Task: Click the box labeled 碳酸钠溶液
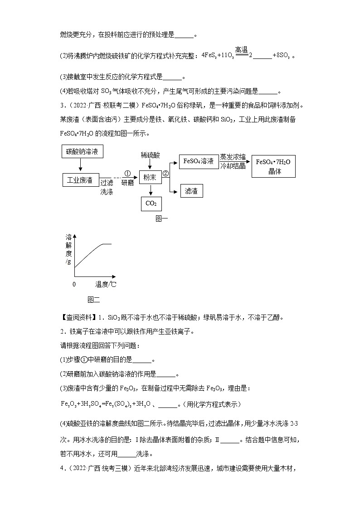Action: click(x=82, y=151)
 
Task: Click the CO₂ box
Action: click(x=151, y=204)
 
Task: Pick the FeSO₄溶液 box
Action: click(x=199, y=161)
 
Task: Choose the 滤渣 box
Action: click(x=191, y=191)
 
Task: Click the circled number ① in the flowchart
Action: click(x=127, y=174)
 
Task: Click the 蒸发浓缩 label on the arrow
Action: click(x=233, y=157)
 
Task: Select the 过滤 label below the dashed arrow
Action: click(x=107, y=183)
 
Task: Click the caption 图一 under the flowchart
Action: click(x=161, y=218)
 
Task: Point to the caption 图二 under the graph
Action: click(x=93, y=300)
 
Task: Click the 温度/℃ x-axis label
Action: click(x=105, y=285)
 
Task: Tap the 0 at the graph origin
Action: click(x=74, y=285)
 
